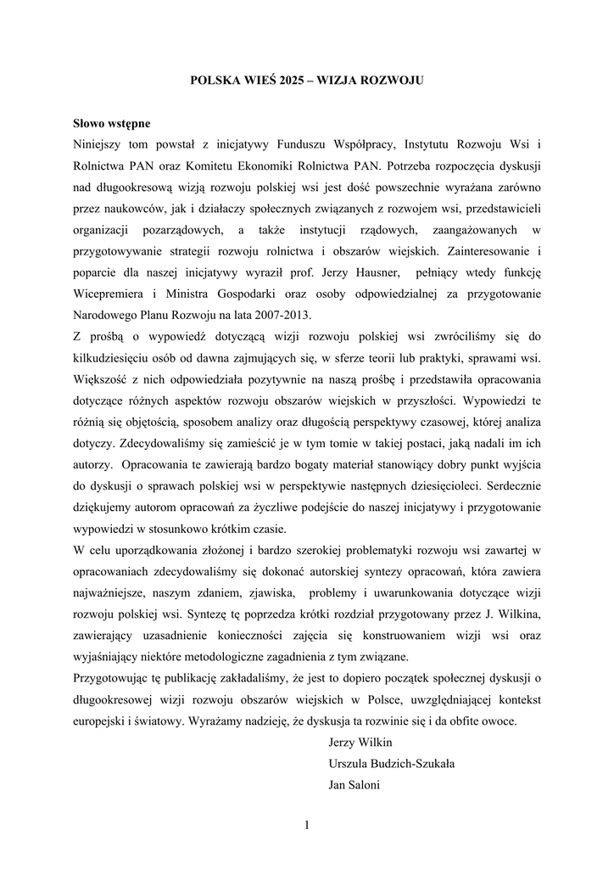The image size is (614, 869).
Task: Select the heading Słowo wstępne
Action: pos(111,123)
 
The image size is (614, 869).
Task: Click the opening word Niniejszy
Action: pos(99,145)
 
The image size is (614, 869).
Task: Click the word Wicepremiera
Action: pos(109,293)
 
